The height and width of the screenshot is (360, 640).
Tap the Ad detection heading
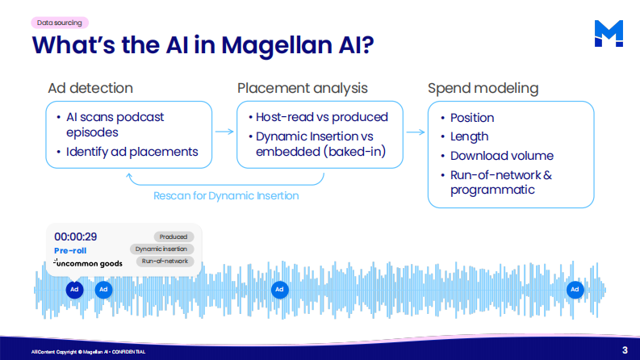pyautogui.click(x=90, y=88)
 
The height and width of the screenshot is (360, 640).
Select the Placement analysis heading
pyautogui.click(x=303, y=88)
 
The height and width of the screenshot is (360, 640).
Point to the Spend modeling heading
pyautogui.click(x=483, y=88)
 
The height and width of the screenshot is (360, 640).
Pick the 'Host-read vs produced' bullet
pyautogui.click(x=322, y=117)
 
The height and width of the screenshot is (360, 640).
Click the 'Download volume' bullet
pyautogui.click(x=501, y=156)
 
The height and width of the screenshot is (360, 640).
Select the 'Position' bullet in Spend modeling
pyautogui.click(x=472, y=118)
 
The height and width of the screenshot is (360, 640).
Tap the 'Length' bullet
pyautogui.click(x=469, y=136)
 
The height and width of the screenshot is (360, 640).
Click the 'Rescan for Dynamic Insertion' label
pyautogui.click(x=226, y=196)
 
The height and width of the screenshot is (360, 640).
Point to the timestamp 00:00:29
pyautogui.click(x=76, y=237)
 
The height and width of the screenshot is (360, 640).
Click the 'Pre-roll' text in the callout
pyautogui.click(x=70, y=250)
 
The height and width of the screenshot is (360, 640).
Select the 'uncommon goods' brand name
pyautogui.click(x=87, y=264)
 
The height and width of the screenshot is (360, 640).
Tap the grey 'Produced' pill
pyautogui.click(x=173, y=237)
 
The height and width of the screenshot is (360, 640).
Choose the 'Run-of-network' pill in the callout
pyautogui.click(x=165, y=262)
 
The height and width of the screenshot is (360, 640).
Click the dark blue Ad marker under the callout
pyautogui.click(x=73, y=288)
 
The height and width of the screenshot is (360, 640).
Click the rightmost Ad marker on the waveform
pyautogui.click(x=575, y=288)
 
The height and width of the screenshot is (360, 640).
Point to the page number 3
pyautogui.click(x=625, y=350)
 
